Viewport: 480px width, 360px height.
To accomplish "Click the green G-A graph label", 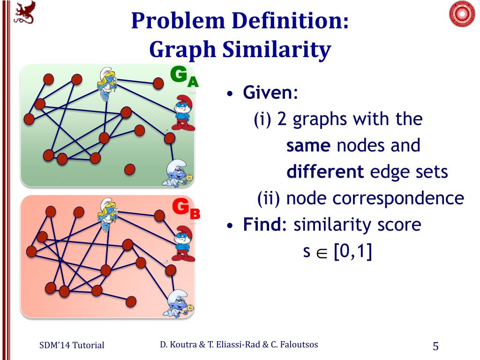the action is coord(184,76).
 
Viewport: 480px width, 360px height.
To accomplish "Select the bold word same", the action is coord(308,146).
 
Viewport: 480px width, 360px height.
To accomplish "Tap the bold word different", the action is coord(325,172).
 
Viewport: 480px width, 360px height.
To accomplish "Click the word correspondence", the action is coord(398,199).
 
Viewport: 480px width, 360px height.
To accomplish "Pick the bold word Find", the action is coord(261,225).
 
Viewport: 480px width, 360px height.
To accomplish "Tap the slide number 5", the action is coord(435,346).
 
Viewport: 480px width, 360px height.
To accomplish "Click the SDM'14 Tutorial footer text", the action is coord(71,345).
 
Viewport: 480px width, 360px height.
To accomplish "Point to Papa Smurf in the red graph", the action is coord(182,244).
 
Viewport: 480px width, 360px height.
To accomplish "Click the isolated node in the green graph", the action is coord(130,169).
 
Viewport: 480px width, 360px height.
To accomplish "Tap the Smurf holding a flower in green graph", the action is coord(179,173).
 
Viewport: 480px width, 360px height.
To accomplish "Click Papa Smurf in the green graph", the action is coord(182,112).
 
